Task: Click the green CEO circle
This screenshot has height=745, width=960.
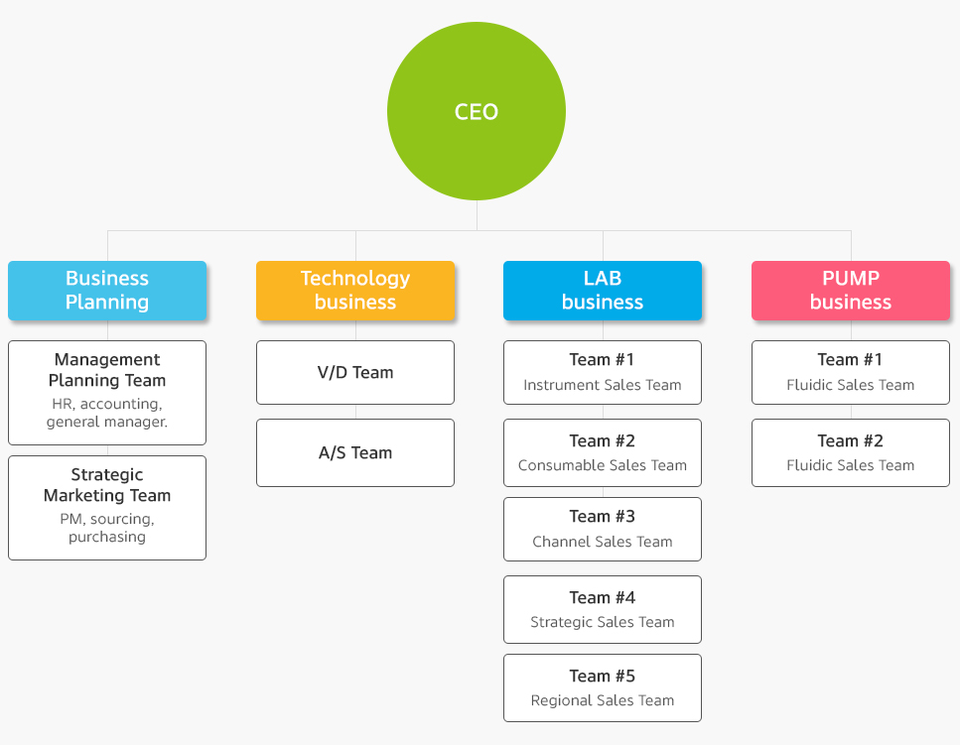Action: [x=477, y=111]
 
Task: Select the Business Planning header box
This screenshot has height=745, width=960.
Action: [x=107, y=291]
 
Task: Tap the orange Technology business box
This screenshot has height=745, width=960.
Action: [x=355, y=291]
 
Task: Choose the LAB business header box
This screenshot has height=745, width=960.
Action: [x=603, y=291]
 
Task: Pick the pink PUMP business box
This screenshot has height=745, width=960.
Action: [x=851, y=291]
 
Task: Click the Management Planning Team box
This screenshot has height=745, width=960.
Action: [x=107, y=393]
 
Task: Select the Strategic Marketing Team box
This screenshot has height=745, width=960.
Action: [x=107, y=508]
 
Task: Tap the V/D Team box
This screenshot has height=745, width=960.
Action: [x=355, y=373]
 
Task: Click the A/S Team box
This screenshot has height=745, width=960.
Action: [x=355, y=452]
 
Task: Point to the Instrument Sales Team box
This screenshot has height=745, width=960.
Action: [x=603, y=373]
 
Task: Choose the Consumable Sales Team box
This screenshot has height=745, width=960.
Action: [x=603, y=452]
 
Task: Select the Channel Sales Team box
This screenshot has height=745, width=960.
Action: [x=603, y=529]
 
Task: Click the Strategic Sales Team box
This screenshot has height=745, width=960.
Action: [x=603, y=609]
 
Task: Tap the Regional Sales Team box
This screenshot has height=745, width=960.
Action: [x=603, y=688]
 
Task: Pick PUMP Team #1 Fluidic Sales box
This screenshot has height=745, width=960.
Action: [x=851, y=373]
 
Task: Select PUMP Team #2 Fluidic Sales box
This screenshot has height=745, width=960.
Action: [x=851, y=452]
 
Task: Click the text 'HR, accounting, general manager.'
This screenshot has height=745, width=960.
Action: [x=107, y=413]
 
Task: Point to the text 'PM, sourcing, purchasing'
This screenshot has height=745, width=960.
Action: [x=107, y=528]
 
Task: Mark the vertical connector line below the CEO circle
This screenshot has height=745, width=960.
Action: [x=477, y=215]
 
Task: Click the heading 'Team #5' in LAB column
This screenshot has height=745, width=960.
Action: [x=603, y=676]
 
